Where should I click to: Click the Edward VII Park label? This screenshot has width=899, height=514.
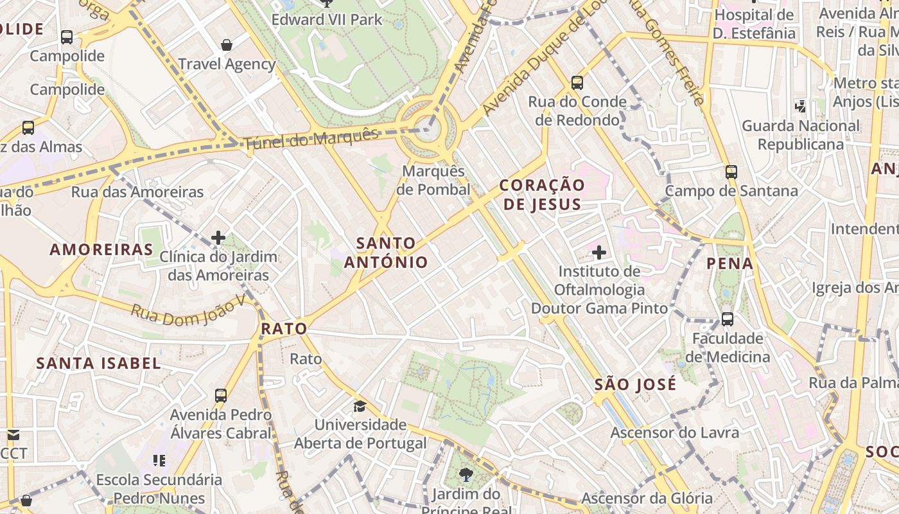point(327,20)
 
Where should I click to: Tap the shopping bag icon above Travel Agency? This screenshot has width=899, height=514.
point(226,45)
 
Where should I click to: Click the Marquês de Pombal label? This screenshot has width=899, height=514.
point(433,181)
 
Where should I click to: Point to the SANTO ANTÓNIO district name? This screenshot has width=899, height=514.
point(386,253)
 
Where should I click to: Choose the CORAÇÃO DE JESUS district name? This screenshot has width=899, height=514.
point(542,195)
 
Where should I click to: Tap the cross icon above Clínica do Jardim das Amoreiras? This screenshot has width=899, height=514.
point(218,238)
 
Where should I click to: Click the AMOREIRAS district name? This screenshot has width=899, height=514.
point(101,249)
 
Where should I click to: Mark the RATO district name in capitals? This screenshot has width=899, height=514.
point(284,329)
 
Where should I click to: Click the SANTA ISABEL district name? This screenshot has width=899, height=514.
point(98,363)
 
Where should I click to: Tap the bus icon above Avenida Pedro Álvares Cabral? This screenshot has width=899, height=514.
point(221,396)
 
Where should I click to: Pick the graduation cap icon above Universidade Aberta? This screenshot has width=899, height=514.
point(360,406)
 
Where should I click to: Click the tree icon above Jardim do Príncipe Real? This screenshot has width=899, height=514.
point(466,475)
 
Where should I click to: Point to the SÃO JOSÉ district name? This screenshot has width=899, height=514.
point(635,385)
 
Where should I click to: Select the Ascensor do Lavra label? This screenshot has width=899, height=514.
point(674,432)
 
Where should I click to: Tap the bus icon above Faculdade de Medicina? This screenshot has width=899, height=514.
point(728,319)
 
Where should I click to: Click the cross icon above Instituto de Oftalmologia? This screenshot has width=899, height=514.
point(599,253)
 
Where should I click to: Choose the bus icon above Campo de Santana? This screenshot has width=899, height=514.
point(731,172)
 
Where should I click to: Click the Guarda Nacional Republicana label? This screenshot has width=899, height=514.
point(800,135)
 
